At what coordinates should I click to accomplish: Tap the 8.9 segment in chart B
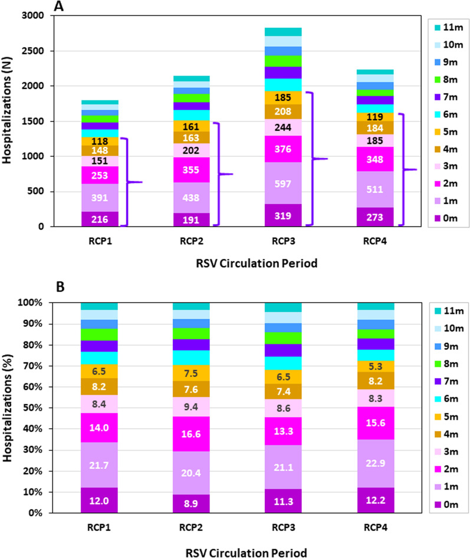tap(190, 503)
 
